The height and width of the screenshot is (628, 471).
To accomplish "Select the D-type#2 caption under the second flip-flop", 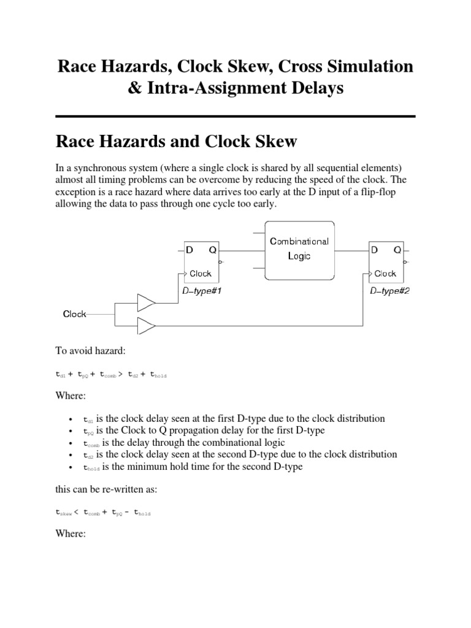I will click(x=389, y=291).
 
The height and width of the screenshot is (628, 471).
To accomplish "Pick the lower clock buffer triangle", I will click(x=145, y=325).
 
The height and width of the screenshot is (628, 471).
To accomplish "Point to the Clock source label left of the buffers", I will click(x=75, y=314).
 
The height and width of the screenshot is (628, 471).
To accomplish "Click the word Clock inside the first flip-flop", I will click(x=200, y=274).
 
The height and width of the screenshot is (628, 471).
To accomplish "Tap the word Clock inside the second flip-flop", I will click(x=385, y=274).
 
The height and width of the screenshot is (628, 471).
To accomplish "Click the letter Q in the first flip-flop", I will click(x=212, y=250).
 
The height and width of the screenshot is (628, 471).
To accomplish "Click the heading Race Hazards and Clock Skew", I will click(x=176, y=142).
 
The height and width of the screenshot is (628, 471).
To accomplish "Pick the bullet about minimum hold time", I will click(x=193, y=466).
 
